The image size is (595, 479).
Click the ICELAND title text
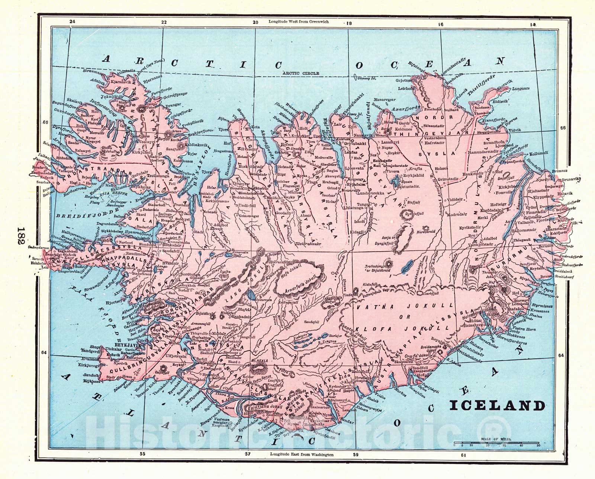(498, 405)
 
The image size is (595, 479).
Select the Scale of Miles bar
(496, 444)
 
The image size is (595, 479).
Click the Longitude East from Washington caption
(302, 455)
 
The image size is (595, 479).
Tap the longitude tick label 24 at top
(73, 22)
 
